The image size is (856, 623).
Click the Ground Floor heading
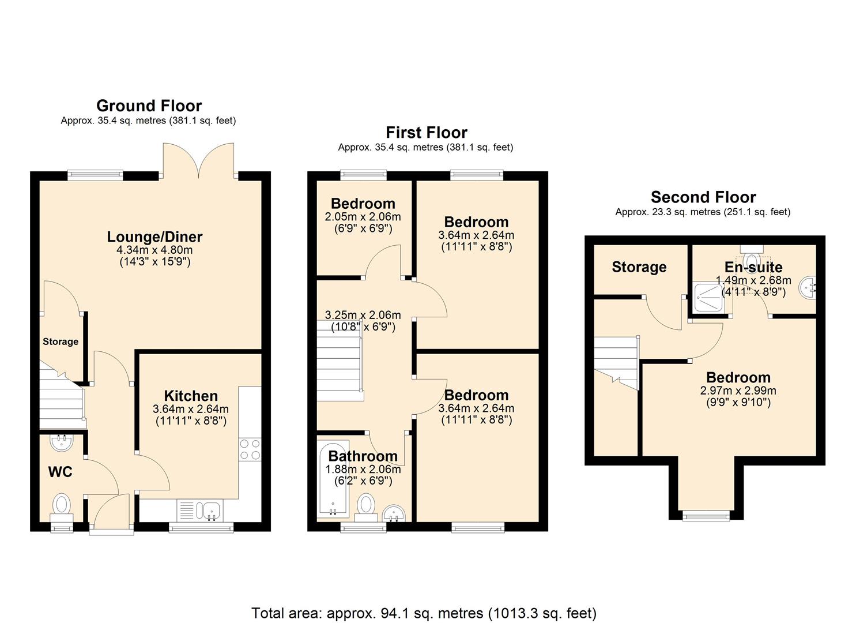tap(149, 106)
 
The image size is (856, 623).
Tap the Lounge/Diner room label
tap(154, 237)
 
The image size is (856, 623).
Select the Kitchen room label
tap(191, 396)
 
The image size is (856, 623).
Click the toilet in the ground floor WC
tap(62, 504)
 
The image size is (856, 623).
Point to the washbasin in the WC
tap(62, 443)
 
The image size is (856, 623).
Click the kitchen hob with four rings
tap(250, 449)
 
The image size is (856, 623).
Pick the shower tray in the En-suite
tap(708, 297)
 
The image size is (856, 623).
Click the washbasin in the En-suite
tap(809, 287)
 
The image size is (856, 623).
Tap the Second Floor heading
tap(703, 197)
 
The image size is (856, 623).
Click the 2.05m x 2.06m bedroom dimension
tap(363, 217)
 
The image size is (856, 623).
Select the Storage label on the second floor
tap(639, 267)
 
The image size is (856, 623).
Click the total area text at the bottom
tap(424, 613)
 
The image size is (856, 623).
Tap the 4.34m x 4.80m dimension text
tap(154, 250)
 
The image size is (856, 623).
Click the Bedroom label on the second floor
tap(738, 378)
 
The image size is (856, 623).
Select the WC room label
tap(60, 472)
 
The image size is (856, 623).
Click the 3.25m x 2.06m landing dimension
tap(363, 315)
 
